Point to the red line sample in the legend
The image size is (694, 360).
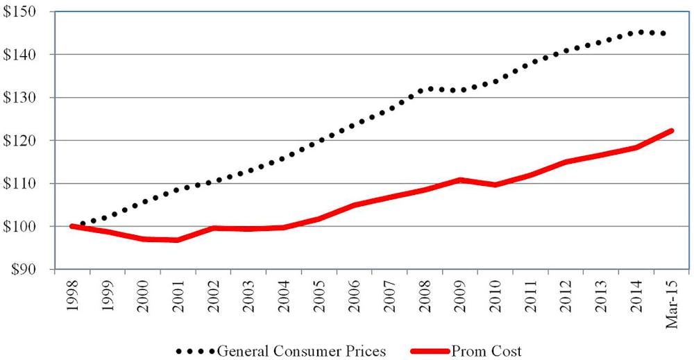point(430,351)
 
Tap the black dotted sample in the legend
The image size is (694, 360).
point(197,351)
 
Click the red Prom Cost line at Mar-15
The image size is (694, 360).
point(670,131)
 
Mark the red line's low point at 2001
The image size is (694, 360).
point(178,240)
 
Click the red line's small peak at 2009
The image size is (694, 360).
point(459,180)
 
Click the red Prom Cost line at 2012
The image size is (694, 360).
point(565,162)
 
